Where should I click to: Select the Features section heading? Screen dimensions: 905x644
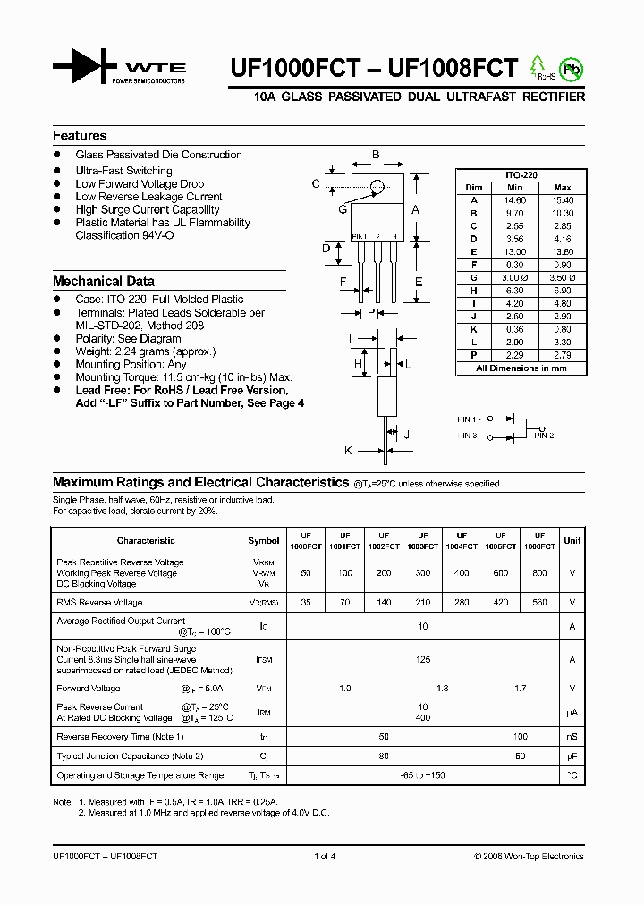(x=80, y=136)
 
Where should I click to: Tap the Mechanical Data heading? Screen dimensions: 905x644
(x=104, y=281)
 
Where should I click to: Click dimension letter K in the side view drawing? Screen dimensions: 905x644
(x=349, y=450)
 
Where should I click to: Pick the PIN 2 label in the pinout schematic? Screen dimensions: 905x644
(x=545, y=436)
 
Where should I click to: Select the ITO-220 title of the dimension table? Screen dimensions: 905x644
(x=521, y=175)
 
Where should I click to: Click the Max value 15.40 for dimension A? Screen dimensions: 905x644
(x=562, y=200)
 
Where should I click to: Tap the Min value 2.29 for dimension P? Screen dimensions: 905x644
(x=514, y=356)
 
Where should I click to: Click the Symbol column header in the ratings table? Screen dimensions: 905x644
(x=264, y=540)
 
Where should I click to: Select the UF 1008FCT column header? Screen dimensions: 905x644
(x=538, y=540)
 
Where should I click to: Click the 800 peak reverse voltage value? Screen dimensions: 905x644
(x=539, y=573)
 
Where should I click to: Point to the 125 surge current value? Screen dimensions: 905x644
(x=423, y=659)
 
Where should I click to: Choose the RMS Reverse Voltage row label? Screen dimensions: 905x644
(x=99, y=603)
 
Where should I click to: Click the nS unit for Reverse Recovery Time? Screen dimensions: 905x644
(x=572, y=736)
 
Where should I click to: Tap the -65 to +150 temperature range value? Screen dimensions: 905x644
(x=423, y=775)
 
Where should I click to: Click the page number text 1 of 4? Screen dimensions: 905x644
(x=325, y=857)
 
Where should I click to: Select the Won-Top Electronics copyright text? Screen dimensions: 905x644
(x=529, y=857)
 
